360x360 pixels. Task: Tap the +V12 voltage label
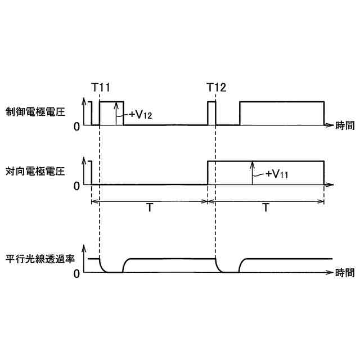pyautogui.click(x=141, y=114)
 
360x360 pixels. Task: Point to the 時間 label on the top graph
pyautogui.click(x=345, y=125)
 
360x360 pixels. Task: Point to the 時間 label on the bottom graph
pyautogui.click(x=345, y=273)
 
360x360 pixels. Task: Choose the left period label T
pyautogui.click(x=150, y=208)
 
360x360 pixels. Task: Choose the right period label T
pyautogui.click(x=265, y=208)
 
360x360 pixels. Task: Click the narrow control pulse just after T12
pyautogui.click(x=211, y=112)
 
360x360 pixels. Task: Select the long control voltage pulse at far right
pyautogui.click(x=282, y=102)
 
